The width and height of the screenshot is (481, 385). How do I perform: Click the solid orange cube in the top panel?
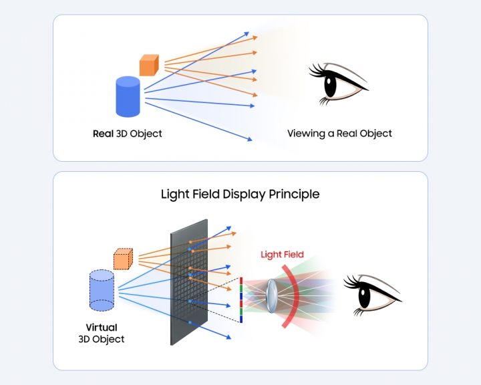pos(148,65)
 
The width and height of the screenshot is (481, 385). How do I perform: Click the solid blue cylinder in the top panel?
pos(127,98)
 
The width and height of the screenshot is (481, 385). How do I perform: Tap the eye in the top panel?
pos(338,83)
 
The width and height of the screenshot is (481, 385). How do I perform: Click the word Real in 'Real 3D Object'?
pos(104,134)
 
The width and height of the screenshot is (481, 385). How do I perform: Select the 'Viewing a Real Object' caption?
pos(339,134)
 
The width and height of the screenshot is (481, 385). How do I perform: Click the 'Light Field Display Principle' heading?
pos(240,195)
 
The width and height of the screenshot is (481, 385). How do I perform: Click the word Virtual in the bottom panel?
pos(102,328)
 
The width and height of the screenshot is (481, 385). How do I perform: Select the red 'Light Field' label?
pos(282,255)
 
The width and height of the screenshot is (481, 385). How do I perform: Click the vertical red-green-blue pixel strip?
pos(240,300)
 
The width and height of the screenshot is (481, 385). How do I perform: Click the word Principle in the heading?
pos(294,195)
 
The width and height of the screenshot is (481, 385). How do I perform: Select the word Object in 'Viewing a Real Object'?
pos(374,134)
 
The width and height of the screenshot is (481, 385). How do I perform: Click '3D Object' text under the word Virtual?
pos(102,340)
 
